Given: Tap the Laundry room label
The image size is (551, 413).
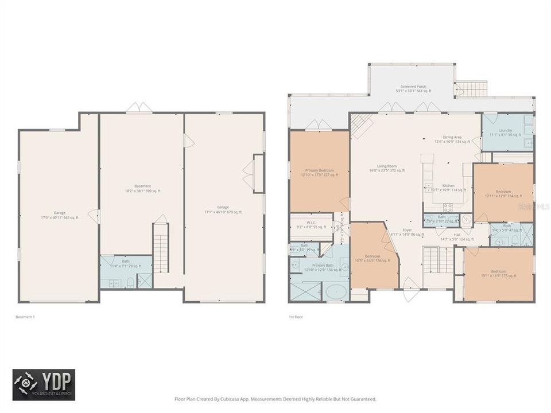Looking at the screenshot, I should [x=505, y=133].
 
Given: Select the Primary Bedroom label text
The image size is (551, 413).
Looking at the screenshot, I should [x=320, y=173].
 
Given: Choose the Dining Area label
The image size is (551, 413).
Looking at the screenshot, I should [x=448, y=139].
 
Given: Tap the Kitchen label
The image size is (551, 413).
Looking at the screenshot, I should [x=448, y=188].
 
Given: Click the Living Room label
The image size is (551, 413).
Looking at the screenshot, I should [x=387, y=168].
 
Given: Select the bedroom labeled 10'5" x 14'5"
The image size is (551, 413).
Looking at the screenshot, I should [x=372, y=258].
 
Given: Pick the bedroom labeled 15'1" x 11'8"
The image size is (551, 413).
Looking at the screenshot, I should [x=498, y=273].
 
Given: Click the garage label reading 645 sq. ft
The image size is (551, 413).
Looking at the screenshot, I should [x=60, y=215].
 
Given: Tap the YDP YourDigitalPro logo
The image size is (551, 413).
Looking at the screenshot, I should [x=44, y=384].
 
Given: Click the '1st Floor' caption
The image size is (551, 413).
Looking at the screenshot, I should [x=296, y=317].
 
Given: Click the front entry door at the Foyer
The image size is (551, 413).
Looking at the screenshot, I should [x=409, y=290].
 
